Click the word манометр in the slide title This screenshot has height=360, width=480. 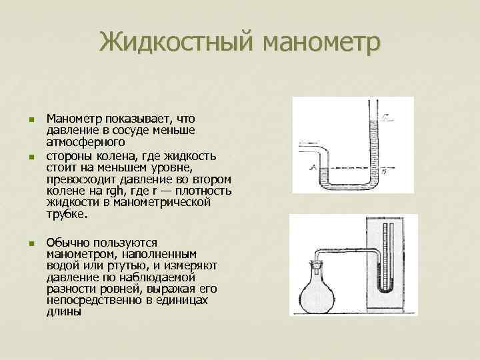pyautogui.click(x=322, y=43)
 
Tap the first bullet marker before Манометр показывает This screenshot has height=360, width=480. pyautogui.click(x=31, y=119)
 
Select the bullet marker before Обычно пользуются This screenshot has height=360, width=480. pyautogui.click(x=31, y=243)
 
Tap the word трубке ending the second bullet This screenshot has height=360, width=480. pyautogui.click(x=67, y=215)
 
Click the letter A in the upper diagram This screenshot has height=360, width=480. pyautogui.click(x=313, y=169)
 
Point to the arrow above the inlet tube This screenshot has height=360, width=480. pyautogui.click(x=308, y=143)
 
